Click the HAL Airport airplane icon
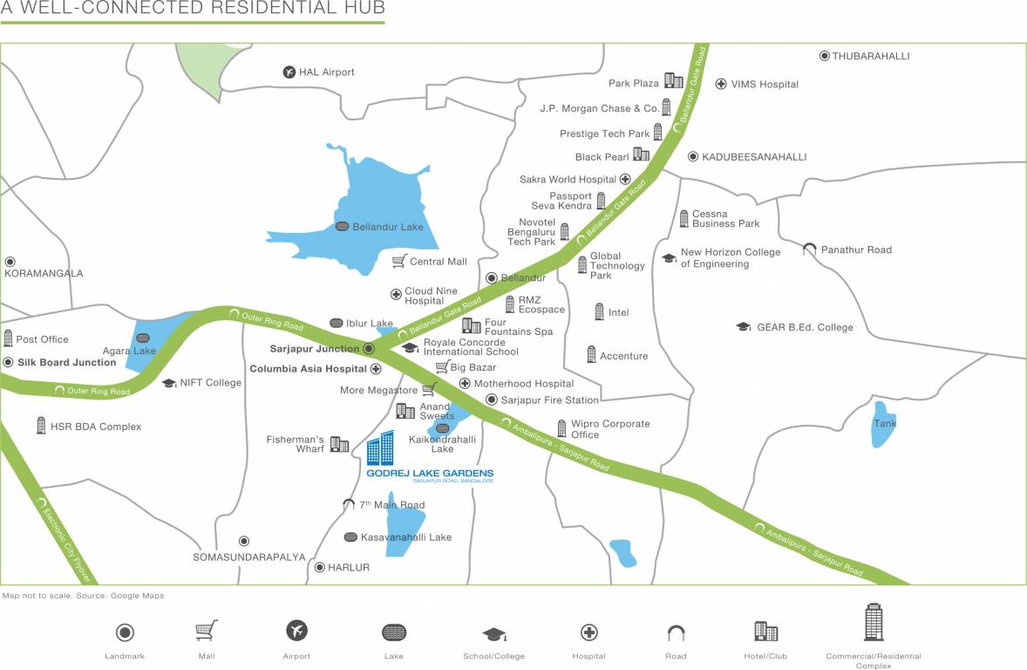click(289, 72)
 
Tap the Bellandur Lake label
click(387, 227)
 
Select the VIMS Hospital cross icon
click(721, 84)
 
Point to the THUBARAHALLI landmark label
click(870, 56)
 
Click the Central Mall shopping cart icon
click(399, 261)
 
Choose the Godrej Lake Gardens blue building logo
click(380, 448)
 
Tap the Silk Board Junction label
click(66, 362)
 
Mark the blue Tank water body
click(884, 424)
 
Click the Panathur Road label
click(856, 250)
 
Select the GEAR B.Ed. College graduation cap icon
click(743, 327)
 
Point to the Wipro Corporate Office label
click(610, 429)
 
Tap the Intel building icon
click(599, 311)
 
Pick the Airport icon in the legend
click(296, 631)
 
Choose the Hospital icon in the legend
click(589, 632)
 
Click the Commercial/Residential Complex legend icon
click(873, 622)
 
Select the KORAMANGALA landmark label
click(44, 273)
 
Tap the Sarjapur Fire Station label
click(549, 400)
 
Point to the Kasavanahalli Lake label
click(405, 537)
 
